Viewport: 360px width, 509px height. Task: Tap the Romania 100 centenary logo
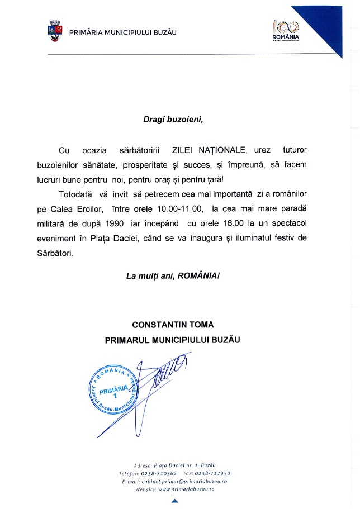coord(286,31)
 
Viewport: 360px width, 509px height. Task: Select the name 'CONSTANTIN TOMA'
coord(173,324)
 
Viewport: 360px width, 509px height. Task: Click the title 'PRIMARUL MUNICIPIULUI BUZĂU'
coord(173,339)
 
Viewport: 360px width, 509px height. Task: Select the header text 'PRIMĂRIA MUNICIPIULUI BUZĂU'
coord(122,32)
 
